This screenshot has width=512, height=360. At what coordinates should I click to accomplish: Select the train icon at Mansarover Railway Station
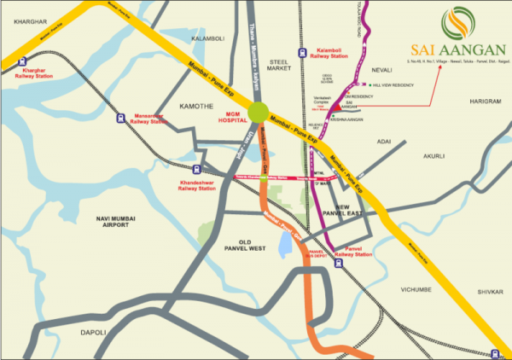coord(122,118)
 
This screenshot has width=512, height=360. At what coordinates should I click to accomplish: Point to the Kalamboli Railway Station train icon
coord(304,51)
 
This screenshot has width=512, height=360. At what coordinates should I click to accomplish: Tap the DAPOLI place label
coord(90,332)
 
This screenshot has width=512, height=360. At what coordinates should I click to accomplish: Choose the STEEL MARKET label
coord(282,67)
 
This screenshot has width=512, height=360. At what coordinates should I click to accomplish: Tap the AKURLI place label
coord(434,157)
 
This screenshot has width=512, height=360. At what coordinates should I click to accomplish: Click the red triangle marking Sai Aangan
coord(339,107)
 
